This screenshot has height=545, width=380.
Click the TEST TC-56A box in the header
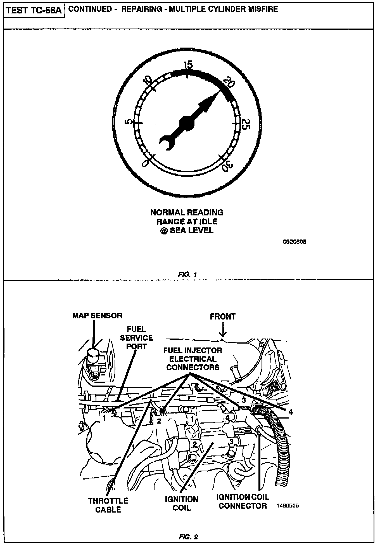(x=34, y=10)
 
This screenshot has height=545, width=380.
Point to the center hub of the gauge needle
(x=187, y=123)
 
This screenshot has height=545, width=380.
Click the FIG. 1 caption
(x=187, y=274)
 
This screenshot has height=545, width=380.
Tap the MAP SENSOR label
(x=97, y=316)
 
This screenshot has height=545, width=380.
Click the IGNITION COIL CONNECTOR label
(x=243, y=501)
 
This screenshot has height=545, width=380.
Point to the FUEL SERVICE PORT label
(x=136, y=338)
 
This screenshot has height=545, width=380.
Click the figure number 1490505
(x=288, y=506)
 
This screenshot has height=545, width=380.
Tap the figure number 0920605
(x=295, y=242)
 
